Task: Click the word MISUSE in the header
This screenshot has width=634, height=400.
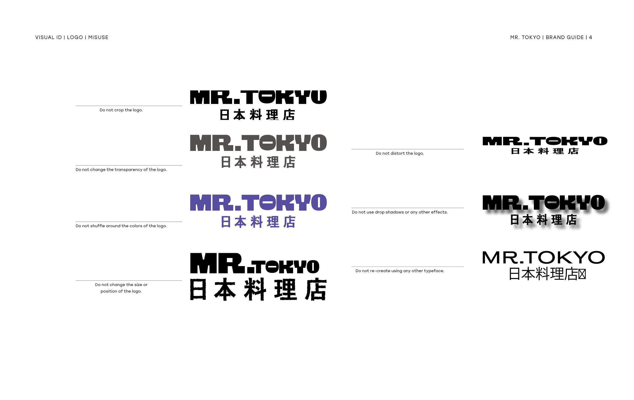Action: (98, 37)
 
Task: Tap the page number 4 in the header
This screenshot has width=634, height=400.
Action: (591, 37)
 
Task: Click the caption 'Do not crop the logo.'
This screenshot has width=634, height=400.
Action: (121, 110)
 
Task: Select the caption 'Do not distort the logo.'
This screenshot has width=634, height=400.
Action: (400, 153)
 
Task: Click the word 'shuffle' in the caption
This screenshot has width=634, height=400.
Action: (97, 226)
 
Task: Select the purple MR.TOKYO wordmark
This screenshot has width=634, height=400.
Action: (258, 202)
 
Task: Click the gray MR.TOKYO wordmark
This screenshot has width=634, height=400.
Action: (258, 143)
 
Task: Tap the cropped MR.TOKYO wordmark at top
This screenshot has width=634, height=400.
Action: (258, 97)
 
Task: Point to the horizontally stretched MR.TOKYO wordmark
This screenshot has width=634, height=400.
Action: (545, 141)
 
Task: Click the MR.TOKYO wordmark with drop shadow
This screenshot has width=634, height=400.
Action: (543, 202)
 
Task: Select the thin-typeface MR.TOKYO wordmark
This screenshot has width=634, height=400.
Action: (543, 257)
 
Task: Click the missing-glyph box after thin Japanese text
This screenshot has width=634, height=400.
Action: (582, 274)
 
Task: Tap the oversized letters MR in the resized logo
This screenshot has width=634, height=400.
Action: (218, 263)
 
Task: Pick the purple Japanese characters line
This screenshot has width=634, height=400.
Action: (258, 222)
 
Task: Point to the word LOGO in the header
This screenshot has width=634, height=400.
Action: (75, 37)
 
